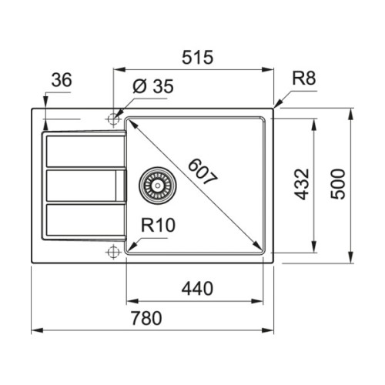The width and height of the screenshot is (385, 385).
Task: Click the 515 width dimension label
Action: (194, 59)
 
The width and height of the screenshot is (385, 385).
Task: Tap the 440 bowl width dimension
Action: (196, 288)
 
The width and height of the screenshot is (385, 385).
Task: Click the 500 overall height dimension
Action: (339, 185)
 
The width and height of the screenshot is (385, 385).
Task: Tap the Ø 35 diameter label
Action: (152, 86)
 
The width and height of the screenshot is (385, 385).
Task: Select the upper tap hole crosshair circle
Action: (114, 119)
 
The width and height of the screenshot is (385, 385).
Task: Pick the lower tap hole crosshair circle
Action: (114, 251)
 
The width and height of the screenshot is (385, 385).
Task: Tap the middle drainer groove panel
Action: (82, 185)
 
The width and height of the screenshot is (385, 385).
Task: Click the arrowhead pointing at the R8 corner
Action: (277, 105)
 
